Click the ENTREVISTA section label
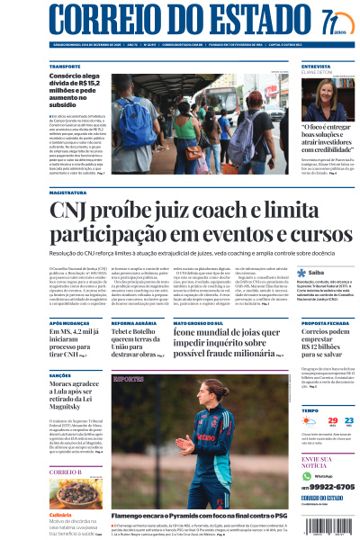316,67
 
